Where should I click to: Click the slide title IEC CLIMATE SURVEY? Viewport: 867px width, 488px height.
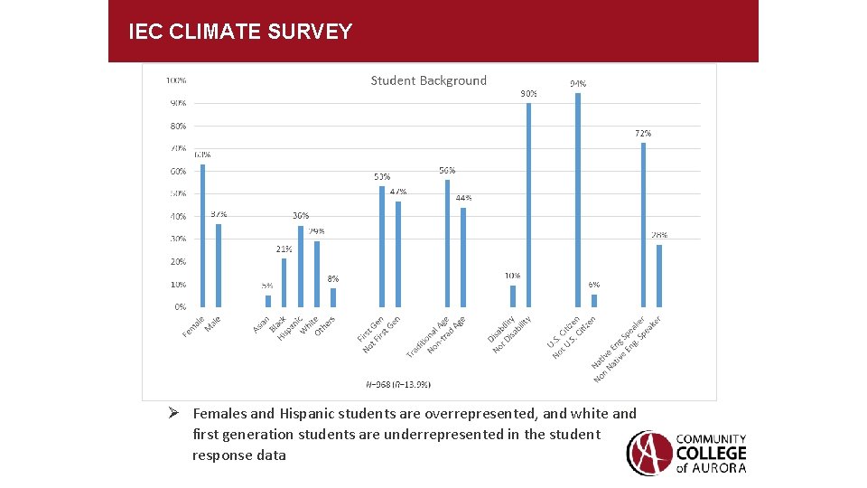(x=240, y=33)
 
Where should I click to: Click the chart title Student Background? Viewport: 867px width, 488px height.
(x=428, y=80)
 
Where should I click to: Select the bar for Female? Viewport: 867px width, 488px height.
(x=202, y=235)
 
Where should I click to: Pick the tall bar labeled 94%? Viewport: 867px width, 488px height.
(x=578, y=199)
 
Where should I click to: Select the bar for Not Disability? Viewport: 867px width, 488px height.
(x=528, y=204)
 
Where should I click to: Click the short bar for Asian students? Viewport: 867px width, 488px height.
(x=267, y=301)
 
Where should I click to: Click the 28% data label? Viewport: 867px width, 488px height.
(x=659, y=235)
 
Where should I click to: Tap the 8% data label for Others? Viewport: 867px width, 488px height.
(x=333, y=279)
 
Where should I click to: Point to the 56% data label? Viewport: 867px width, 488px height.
(x=447, y=170)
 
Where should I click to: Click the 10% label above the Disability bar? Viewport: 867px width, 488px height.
(x=512, y=276)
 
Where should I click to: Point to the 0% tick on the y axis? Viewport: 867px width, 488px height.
(x=181, y=307)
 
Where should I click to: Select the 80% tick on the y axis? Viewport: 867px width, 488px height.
(x=178, y=126)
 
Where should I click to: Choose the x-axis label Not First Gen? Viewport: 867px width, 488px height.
(x=381, y=334)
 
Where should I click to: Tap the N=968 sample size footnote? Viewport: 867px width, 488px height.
(x=398, y=384)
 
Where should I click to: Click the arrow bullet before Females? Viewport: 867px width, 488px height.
(x=181, y=414)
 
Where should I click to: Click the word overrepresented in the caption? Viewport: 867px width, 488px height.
(x=480, y=414)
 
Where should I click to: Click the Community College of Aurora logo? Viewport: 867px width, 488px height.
(x=687, y=452)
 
